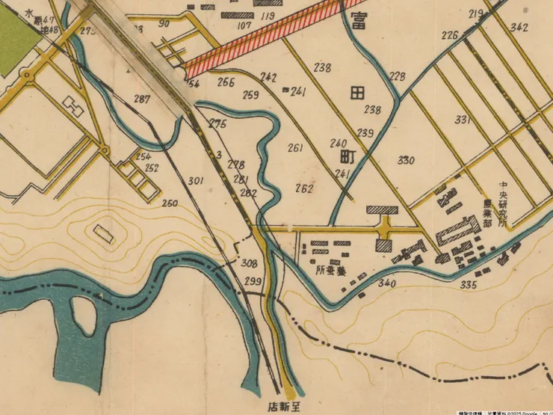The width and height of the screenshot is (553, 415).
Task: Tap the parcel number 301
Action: pyautogui.click(x=196, y=180)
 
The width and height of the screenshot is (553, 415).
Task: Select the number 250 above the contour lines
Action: pyautogui.click(x=170, y=203)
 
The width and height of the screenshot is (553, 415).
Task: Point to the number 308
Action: pyautogui.click(x=250, y=263)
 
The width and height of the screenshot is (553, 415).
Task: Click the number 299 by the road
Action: pyautogui.click(x=253, y=281)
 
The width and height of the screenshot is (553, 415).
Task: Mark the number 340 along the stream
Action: pyautogui.click(x=386, y=283)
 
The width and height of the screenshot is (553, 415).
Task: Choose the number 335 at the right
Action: pyautogui.click(x=468, y=285)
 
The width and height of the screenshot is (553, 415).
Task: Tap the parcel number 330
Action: pyautogui.click(x=406, y=161)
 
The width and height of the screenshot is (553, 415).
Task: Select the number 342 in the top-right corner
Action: pyautogui.click(x=519, y=28)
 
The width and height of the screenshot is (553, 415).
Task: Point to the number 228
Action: pyautogui.click(x=397, y=76)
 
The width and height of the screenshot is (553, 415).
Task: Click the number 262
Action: pyautogui.click(x=303, y=188)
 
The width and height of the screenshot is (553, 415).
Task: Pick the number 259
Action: pyautogui.click(x=251, y=95)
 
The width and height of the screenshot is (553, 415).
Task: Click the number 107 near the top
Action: pyautogui.click(x=244, y=25)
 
